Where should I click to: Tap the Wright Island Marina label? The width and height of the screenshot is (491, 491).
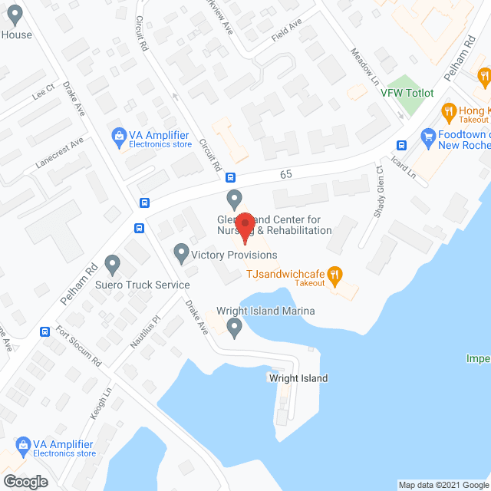[x=265, y=311]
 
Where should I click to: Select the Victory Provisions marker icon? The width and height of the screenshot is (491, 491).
[x=181, y=251]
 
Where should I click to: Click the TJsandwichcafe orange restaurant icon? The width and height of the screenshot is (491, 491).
[x=334, y=274]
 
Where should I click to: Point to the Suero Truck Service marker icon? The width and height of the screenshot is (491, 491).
[x=114, y=265]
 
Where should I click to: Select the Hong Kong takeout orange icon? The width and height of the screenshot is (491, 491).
[x=449, y=112]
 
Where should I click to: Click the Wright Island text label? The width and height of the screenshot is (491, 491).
[x=298, y=378]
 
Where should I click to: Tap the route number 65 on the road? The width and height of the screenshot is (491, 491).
[x=286, y=175]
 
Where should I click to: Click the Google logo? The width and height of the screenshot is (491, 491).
[x=25, y=482]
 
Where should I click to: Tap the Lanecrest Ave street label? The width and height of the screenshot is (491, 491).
[x=59, y=152]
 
